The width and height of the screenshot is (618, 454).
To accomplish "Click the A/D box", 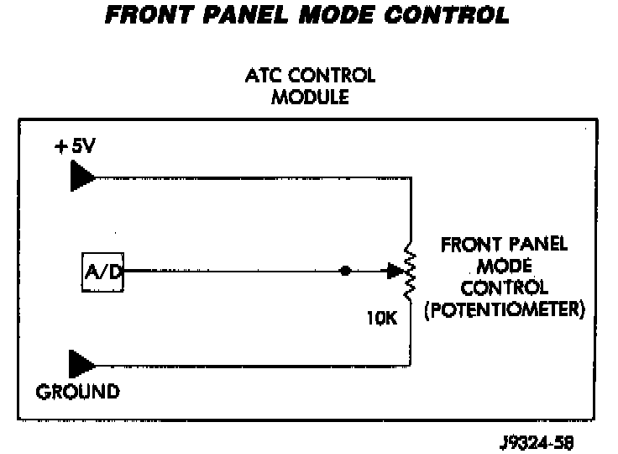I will [103, 272].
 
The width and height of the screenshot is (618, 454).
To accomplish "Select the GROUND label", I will [78, 391].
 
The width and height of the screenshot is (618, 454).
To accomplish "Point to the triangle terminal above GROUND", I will [81, 364].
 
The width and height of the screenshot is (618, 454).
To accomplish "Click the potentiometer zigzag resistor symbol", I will [411, 272].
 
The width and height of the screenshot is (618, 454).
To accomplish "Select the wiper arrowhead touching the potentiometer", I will [393, 272].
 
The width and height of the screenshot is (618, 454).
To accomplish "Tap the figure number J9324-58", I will [534, 438].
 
